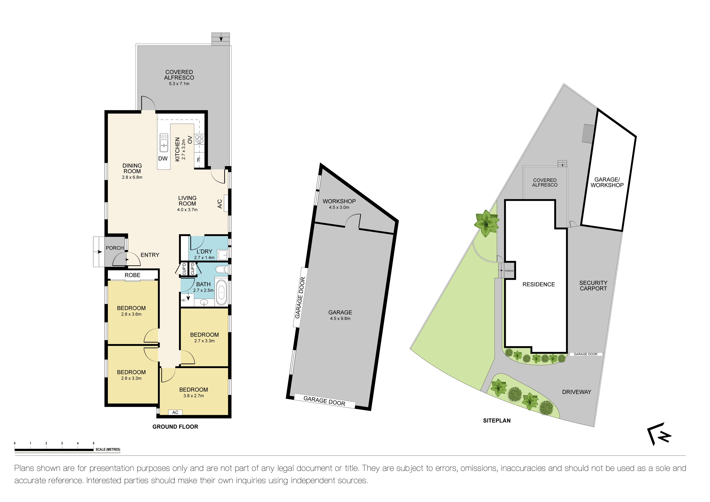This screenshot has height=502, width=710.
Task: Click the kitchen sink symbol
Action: click(x=164, y=143)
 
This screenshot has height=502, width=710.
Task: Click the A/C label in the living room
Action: click(x=220, y=204)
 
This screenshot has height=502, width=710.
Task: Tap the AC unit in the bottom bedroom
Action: click(x=175, y=412)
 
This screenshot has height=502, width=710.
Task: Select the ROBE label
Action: click(x=132, y=275)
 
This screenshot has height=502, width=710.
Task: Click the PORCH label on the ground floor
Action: click(x=115, y=248)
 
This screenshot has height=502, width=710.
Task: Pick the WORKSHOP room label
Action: click(x=339, y=201)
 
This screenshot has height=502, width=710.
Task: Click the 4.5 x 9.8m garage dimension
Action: click(x=340, y=318)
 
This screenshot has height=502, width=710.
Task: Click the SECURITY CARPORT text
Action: click(x=593, y=286)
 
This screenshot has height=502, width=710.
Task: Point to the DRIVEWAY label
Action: click(x=576, y=392)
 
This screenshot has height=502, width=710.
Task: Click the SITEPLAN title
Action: click(x=497, y=420)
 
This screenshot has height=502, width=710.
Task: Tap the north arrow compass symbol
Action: click(x=659, y=434)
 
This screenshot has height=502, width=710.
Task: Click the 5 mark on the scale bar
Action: click(x=93, y=443)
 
